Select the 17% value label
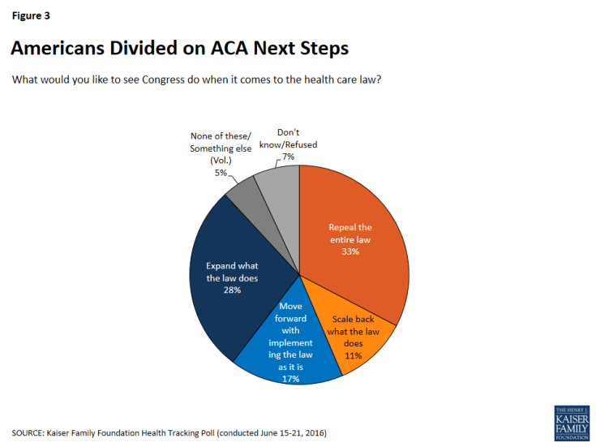point(290,377)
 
